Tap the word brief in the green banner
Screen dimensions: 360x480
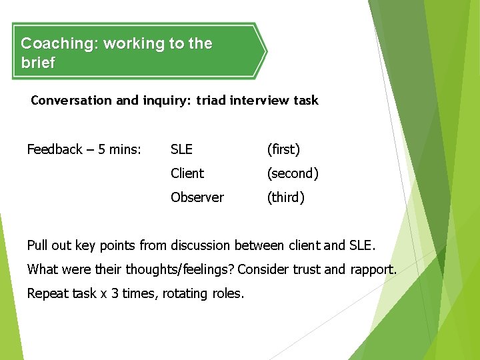coord(38,63)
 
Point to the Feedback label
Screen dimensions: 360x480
coord(55,149)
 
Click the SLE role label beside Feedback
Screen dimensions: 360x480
coord(181,149)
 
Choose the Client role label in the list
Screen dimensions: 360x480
coord(187,173)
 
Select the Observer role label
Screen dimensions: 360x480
coord(197,197)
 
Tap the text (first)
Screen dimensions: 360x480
coord(283,149)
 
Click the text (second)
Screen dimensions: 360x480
coord(293,173)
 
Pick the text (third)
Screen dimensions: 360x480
coord(285,197)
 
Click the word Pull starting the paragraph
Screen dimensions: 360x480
coord(37,245)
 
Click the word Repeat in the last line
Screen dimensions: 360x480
coord(46,293)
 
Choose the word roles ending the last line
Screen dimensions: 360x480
coord(228,293)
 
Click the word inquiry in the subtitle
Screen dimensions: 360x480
coord(167,101)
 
